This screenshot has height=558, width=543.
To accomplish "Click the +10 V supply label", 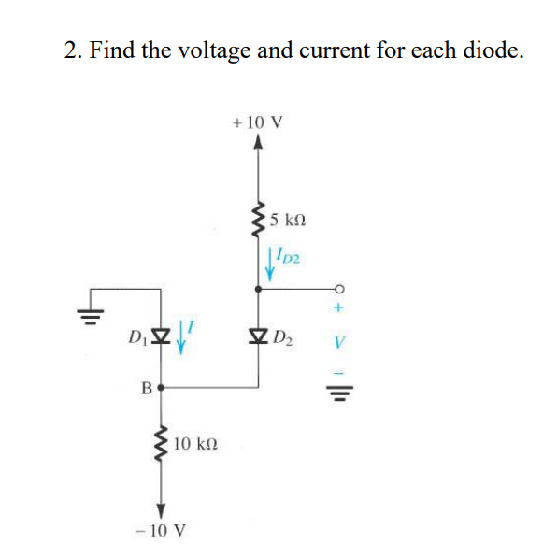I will (x=259, y=122).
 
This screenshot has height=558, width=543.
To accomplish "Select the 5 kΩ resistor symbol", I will (x=259, y=222).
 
